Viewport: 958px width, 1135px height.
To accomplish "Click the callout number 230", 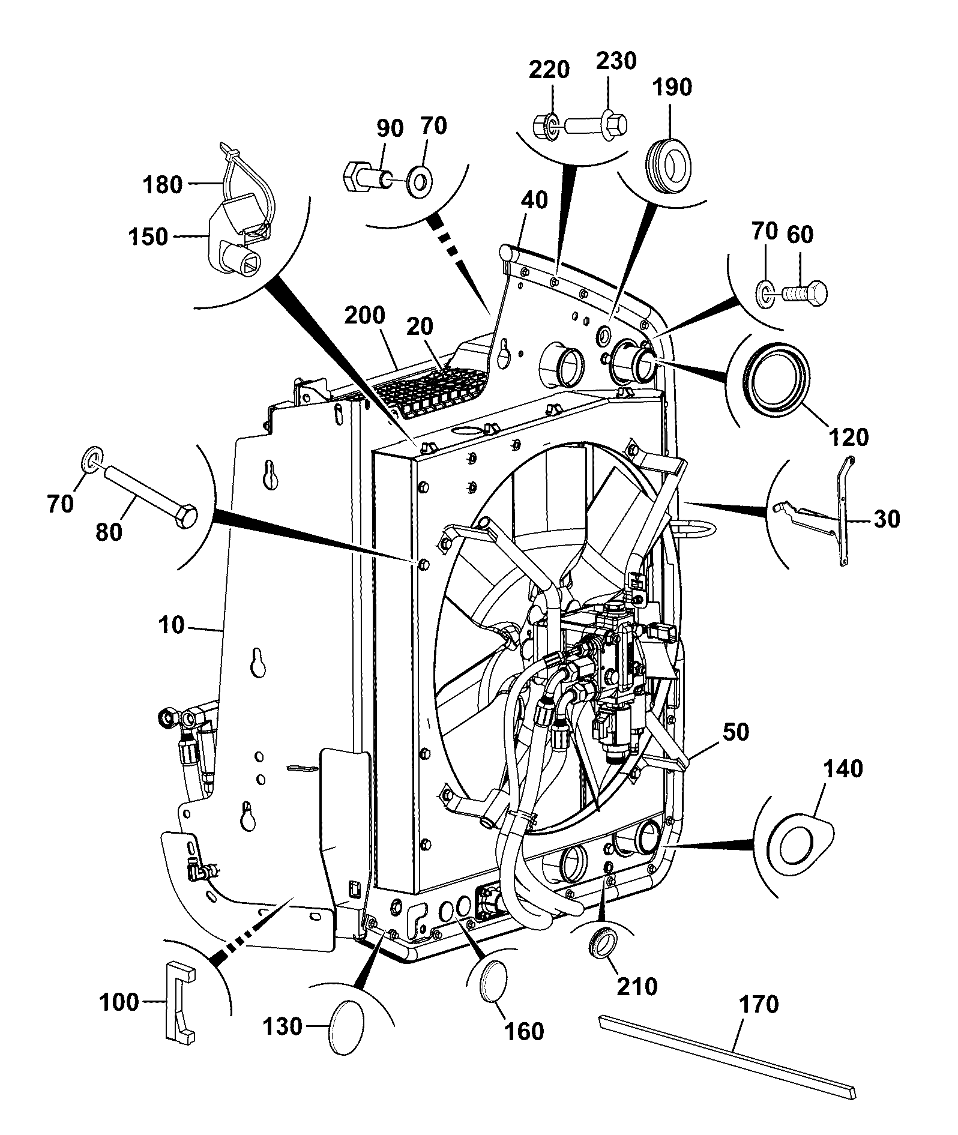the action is pyautogui.click(x=616, y=61).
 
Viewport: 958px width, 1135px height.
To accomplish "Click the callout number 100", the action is pyautogui.click(x=119, y=1002).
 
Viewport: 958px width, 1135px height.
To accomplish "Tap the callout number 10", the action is pyautogui.click(x=171, y=625).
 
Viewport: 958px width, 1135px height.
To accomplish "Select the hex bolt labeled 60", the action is pyautogui.click(x=805, y=293).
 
